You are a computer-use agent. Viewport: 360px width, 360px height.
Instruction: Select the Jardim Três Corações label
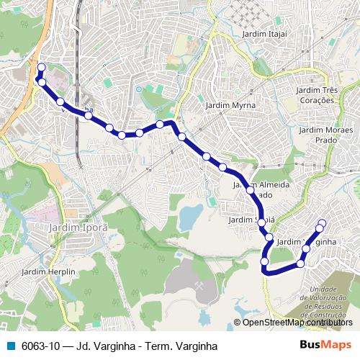(316, 95)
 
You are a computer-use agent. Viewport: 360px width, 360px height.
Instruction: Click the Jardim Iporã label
(78, 227)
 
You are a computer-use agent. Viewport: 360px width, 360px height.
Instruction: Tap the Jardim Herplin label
(43, 271)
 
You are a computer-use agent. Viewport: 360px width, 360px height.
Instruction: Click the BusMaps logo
(325, 346)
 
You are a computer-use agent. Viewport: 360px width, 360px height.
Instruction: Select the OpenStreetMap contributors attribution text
(297, 323)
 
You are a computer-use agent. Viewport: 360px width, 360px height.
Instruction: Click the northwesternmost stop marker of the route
(41, 68)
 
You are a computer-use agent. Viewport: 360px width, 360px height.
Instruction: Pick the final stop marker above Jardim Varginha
(322, 222)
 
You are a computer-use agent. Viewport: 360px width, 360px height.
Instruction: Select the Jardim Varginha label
(307, 242)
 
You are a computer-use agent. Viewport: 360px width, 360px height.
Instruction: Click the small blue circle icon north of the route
(139, 89)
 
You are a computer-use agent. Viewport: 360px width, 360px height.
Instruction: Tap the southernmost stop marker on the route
(266, 271)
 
